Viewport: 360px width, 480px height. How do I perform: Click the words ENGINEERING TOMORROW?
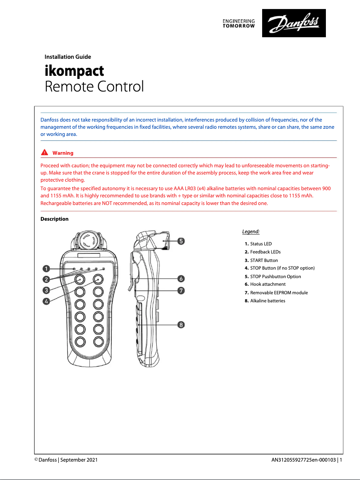click(x=239, y=23)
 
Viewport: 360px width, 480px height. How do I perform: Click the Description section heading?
click(x=54, y=219)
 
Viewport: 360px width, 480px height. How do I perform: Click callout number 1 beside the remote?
click(x=46, y=269)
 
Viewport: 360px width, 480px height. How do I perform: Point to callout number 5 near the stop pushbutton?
click(x=180, y=241)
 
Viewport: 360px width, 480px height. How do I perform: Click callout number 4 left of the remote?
click(x=46, y=301)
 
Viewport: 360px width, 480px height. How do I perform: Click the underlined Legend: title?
click(x=250, y=231)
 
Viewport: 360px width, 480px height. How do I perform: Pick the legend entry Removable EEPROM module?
click(x=279, y=292)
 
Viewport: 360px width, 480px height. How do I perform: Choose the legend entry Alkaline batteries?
click(x=268, y=301)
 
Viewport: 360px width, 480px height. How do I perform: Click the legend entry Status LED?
click(x=261, y=244)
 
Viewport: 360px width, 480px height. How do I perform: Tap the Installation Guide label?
click(x=68, y=57)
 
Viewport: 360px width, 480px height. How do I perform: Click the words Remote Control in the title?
click(x=94, y=86)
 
